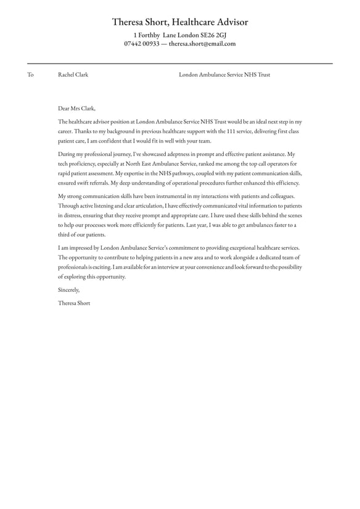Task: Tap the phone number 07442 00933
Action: click(142, 44)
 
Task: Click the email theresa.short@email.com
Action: click(202, 44)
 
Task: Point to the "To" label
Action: click(30, 75)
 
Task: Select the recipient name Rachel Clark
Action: click(73, 75)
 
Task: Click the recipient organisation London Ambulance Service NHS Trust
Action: click(224, 75)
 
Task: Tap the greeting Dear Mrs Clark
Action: click(77, 108)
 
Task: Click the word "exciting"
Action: click(108, 267)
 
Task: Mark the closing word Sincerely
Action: click(68, 289)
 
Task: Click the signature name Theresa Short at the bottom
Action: click(74, 303)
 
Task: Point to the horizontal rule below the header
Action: click(179, 63)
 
